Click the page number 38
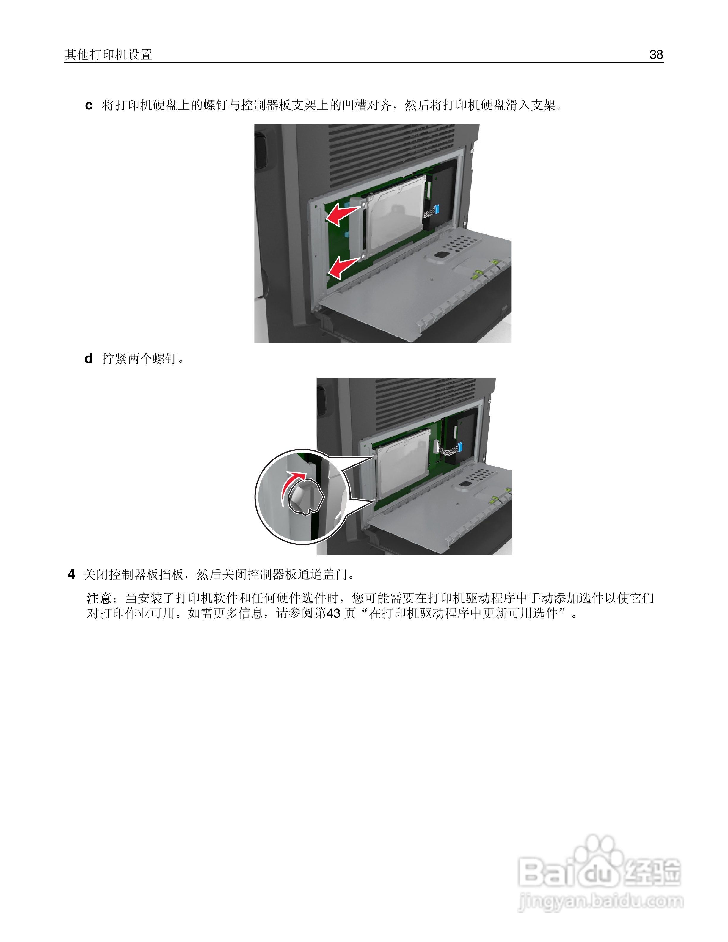point(656,55)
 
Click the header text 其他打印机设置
point(108,55)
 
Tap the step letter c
point(89,105)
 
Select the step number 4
point(72,574)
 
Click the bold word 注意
point(100,598)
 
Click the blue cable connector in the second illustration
point(460,447)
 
